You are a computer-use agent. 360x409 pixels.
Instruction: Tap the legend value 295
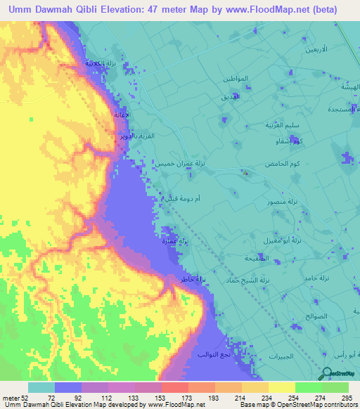345,398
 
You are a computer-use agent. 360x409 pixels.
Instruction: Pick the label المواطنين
236,79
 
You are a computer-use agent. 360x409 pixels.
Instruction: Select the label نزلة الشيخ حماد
269,280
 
